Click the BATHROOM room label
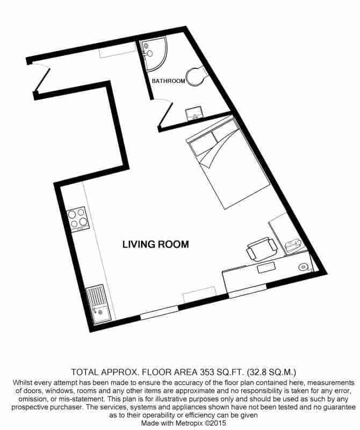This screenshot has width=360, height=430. pos(168,81)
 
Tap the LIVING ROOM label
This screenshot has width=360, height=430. pos(156,245)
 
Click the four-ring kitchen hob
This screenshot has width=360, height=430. pos(78,219)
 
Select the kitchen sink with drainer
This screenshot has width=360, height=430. pos(97,305)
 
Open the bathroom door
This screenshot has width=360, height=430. pos(164,113)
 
